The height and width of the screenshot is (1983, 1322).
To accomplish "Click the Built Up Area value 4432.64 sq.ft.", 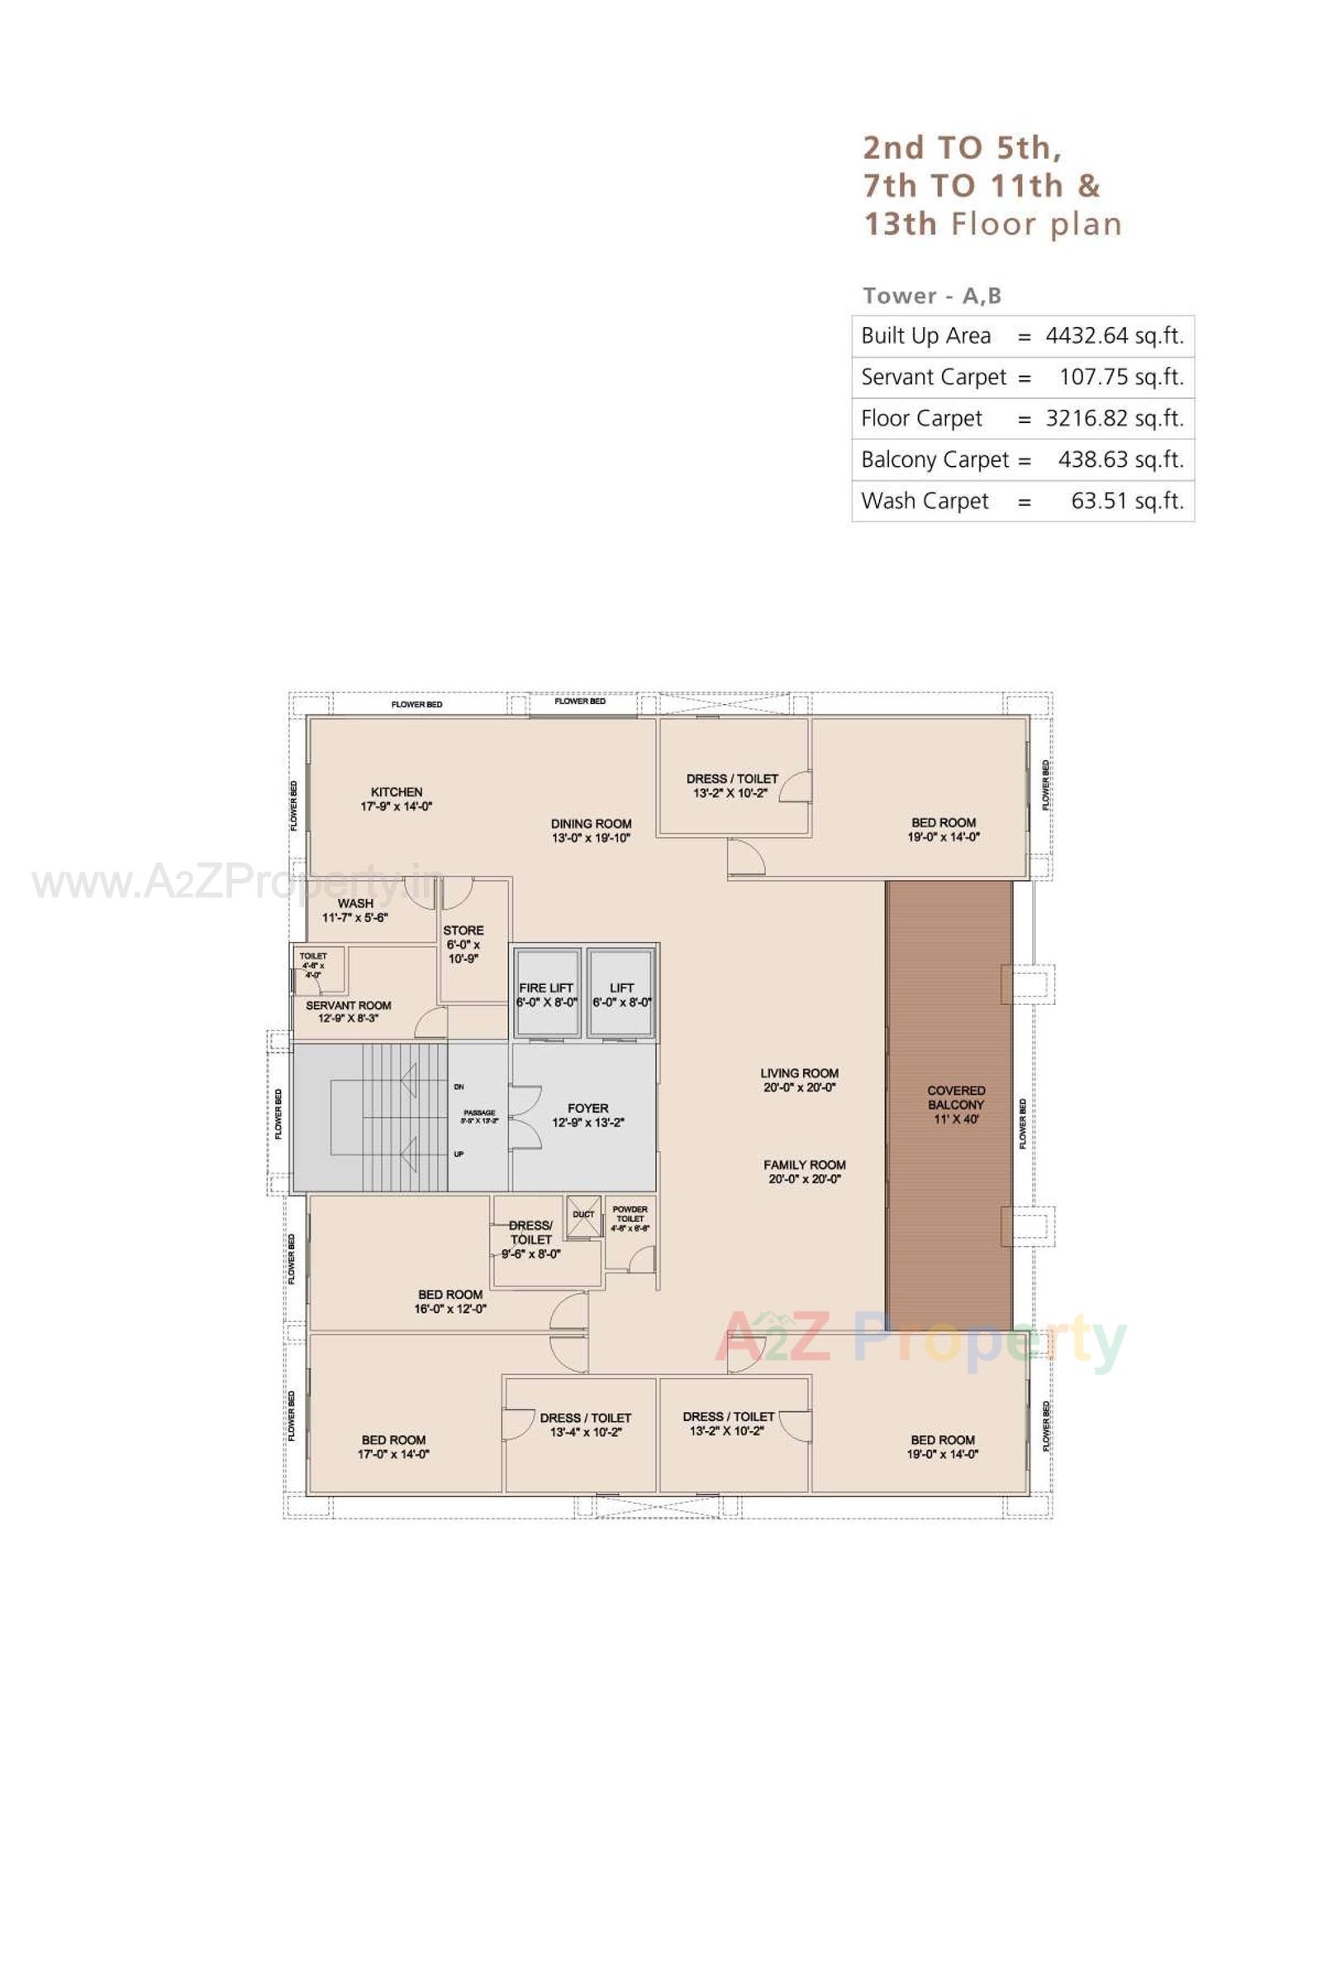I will pos(1114,335).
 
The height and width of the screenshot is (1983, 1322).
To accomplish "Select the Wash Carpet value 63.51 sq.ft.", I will pos(1126,501).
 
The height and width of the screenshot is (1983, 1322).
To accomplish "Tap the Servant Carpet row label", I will pos(934,377).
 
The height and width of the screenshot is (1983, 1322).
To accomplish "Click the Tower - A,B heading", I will pos(932,296).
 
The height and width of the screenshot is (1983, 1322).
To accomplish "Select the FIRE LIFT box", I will pos(546,994).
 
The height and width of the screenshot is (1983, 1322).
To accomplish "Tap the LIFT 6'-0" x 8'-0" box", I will pos(621,994).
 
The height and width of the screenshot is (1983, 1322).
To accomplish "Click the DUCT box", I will pos(583,1215).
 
